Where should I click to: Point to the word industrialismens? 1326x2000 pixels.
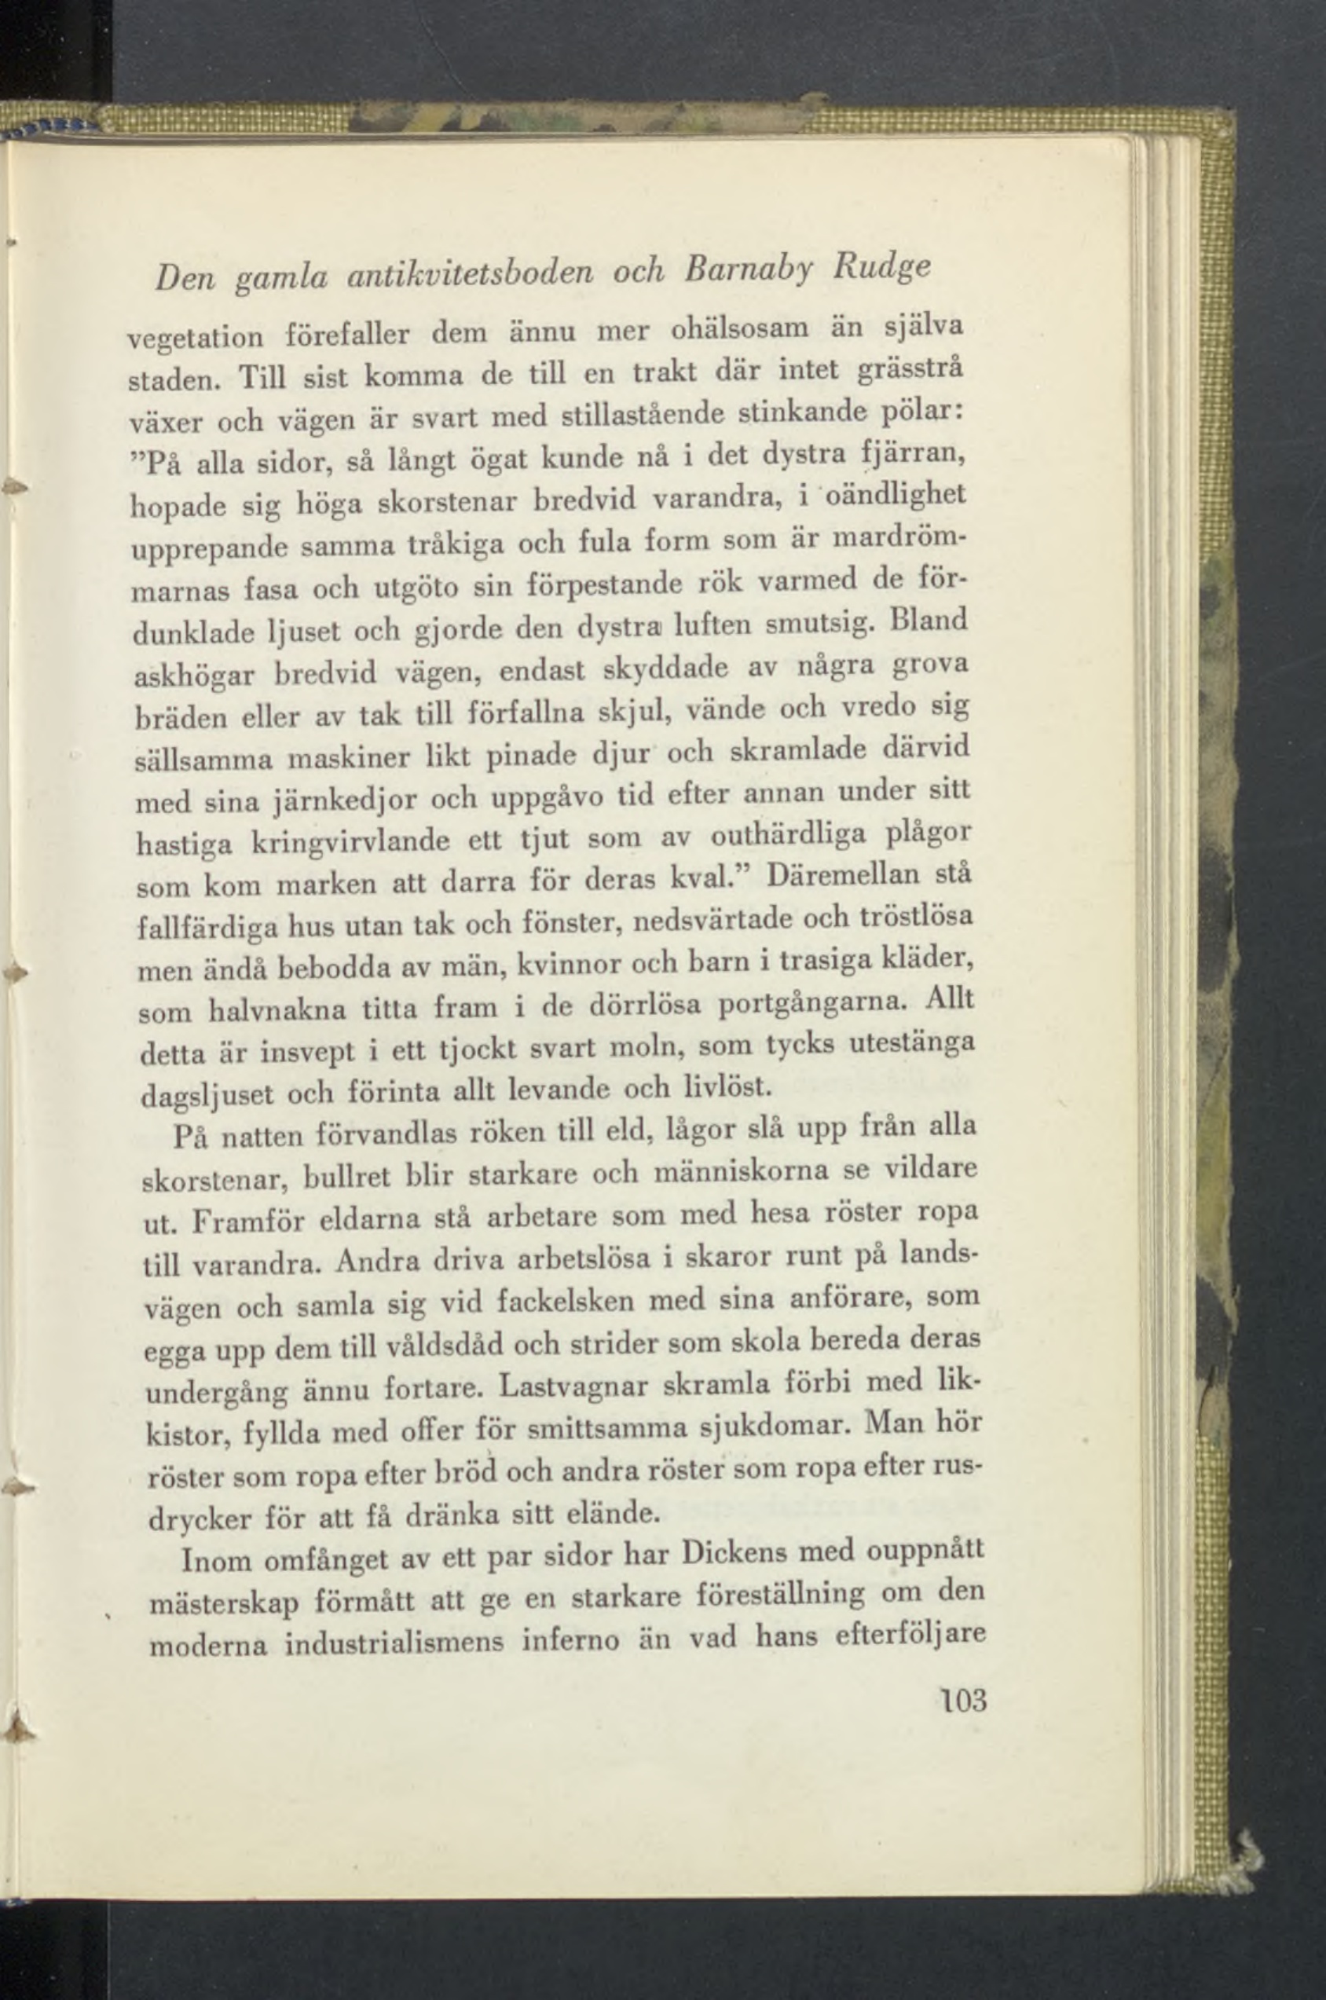coord(396,1644)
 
